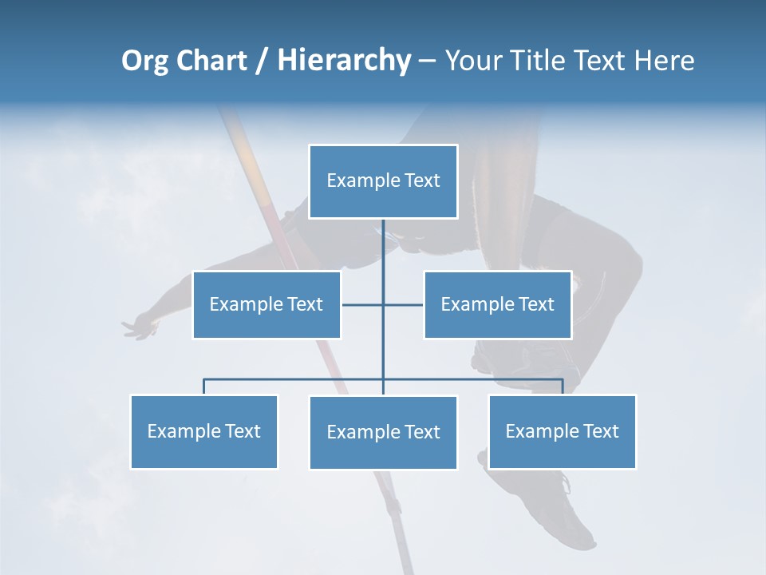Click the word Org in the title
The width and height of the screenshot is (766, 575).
(145, 61)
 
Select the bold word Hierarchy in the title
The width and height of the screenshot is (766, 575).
(344, 61)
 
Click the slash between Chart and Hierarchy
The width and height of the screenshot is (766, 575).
(261, 61)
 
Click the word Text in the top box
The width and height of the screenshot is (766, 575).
(422, 180)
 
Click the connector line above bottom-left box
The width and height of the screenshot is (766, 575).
(204, 386)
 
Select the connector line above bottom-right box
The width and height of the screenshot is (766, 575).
(563, 386)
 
